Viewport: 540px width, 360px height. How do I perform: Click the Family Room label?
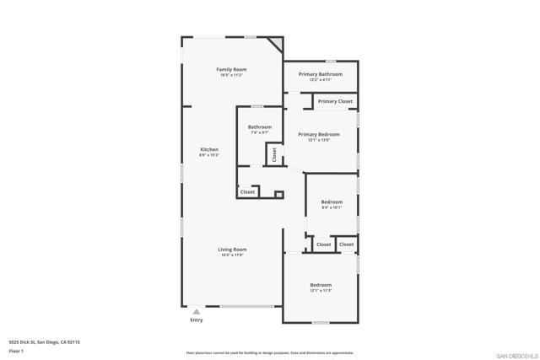pyautogui.click(x=230, y=69)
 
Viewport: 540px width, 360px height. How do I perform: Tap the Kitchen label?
pyautogui.click(x=208, y=149)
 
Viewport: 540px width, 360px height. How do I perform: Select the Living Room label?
pyautogui.click(x=232, y=250)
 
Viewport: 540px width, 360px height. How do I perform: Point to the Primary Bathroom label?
pyautogui.click(x=320, y=74)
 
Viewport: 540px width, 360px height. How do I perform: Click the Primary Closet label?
pyautogui.click(x=335, y=101)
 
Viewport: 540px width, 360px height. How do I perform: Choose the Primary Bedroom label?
pyautogui.click(x=319, y=134)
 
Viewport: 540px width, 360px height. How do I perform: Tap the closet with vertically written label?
pyautogui.click(x=274, y=154)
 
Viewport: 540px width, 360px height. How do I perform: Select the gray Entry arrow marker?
pyautogui.click(x=197, y=312)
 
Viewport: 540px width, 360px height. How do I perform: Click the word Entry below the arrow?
pyautogui.click(x=197, y=320)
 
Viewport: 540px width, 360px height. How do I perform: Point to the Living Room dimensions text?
pyautogui.click(x=232, y=255)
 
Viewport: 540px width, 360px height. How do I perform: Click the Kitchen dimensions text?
pyautogui.click(x=208, y=155)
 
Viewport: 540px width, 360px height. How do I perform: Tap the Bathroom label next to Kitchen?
pyautogui.click(x=259, y=127)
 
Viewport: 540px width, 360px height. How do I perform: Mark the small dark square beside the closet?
pyautogui.click(x=279, y=195)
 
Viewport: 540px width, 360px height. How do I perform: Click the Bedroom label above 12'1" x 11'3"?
pyautogui.click(x=321, y=285)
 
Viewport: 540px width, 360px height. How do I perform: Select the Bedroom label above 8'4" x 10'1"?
pyautogui.click(x=332, y=201)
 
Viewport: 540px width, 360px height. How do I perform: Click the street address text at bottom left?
pyautogui.click(x=44, y=342)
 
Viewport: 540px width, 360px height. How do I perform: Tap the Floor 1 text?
pyautogui.click(x=16, y=351)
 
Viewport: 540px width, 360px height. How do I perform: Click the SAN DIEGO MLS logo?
pyautogui.click(x=516, y=355)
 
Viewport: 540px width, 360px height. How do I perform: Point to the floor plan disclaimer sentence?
pyautogui.click(x=269, y=353)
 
